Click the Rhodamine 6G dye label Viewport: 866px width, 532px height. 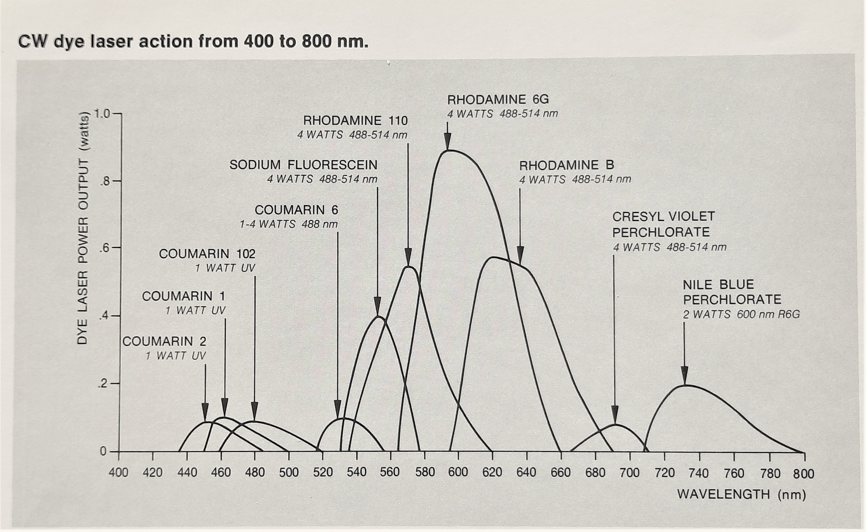498,100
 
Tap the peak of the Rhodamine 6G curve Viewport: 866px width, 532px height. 448,151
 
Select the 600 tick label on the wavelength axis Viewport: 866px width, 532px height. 458,472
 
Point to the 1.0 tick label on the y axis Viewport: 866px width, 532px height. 102,114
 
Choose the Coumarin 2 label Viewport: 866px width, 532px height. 164,341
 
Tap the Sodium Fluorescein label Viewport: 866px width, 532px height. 303,165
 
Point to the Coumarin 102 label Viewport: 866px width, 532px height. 207,254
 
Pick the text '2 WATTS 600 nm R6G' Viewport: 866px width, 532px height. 741,314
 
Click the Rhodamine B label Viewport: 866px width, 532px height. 566,165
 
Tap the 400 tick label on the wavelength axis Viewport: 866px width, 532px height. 118,472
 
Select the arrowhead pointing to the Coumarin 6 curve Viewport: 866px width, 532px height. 337,410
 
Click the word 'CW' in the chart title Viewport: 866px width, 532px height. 33,42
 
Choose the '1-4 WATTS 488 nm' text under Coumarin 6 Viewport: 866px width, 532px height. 288,224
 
